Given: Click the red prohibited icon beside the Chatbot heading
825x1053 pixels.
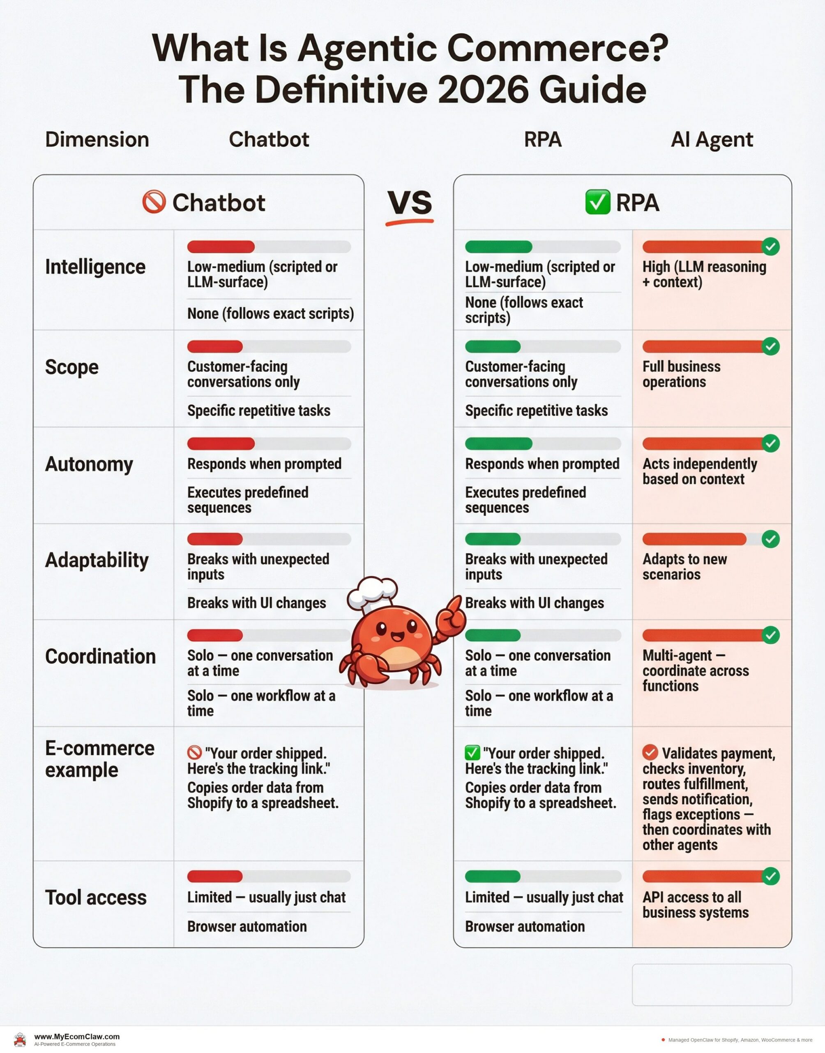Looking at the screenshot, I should (154, 202).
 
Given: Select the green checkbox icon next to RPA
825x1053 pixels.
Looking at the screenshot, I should (597, 202).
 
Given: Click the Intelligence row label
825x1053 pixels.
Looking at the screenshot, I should (95, 267).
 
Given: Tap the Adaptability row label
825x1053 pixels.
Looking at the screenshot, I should (97, 560).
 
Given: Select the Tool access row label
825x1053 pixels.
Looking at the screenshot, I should (96, 898).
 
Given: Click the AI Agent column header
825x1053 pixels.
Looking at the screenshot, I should (712, 140).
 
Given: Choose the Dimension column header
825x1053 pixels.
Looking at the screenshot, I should (97, 140).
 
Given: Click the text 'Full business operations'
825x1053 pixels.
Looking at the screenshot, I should (681, 374).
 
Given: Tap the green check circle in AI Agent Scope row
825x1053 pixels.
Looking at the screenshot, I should (770, 346).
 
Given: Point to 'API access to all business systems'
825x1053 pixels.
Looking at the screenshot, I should (695, 905).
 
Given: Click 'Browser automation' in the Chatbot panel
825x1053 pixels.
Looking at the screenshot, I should (247, 926).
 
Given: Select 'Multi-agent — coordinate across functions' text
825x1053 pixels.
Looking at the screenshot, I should (695, 670).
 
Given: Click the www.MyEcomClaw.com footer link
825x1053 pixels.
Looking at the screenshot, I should (77, 1037).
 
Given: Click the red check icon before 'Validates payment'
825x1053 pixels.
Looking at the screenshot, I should (650, 752).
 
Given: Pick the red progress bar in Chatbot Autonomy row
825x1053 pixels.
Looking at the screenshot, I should (221, 443).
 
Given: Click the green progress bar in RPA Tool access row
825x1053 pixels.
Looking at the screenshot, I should (493, 876).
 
